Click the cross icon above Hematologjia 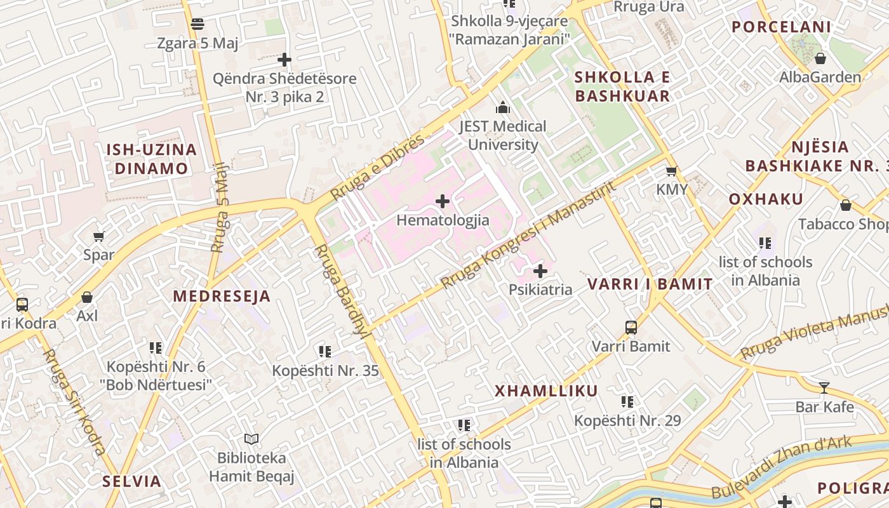[443, 202]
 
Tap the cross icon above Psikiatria [540, 272]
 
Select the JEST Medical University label [503, 135]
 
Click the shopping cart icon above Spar [98, 237]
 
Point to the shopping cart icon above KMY [671, 171]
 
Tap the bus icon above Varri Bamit [631, 328]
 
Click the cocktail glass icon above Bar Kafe [824, 387]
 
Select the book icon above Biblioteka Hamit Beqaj [251, 439]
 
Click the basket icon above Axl [87, 297]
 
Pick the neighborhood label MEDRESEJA [222, 297]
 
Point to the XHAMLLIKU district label [546, 391]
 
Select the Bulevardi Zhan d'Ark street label [781, 468]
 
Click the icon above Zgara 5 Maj [197, 24]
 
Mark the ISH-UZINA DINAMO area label [151, 159]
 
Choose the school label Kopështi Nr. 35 [325, 371]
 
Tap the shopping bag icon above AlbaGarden [820, 58]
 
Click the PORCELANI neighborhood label [781, 27]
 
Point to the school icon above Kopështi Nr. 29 [627, 401]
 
